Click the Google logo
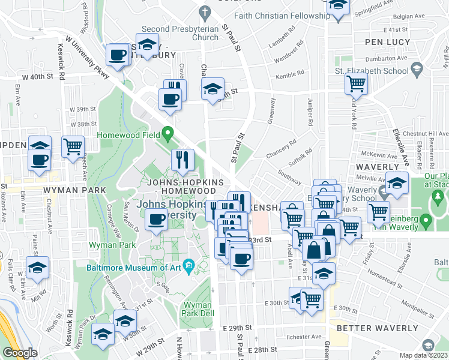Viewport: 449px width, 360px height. tap(19, 353)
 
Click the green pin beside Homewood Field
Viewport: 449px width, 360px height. tap(168, 133)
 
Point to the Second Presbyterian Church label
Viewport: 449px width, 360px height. tap(180, 33)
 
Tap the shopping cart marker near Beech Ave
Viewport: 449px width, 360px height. tap(73, 146)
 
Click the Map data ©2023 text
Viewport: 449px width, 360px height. tap(424, 355)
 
